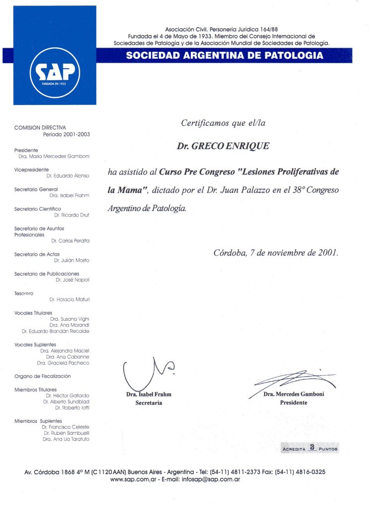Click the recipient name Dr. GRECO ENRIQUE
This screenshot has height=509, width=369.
[x=223, y=146]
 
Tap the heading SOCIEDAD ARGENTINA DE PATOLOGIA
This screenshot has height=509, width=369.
[x=224, y=55]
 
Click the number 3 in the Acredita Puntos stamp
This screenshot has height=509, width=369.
[x=312, y=447]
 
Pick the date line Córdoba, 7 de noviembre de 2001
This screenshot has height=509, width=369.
[x=276, y=252]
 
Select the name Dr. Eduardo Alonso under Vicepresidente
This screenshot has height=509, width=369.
[x=68, y=176]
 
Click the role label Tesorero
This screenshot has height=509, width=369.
[x=24, y=294]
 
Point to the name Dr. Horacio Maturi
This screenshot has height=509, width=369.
[x=70, y=300]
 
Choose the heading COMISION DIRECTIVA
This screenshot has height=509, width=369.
[x=40, y=128]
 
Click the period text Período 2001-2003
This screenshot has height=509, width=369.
[x=66, y=134]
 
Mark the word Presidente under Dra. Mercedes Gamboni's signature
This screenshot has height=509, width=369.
[x=294, y=403]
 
